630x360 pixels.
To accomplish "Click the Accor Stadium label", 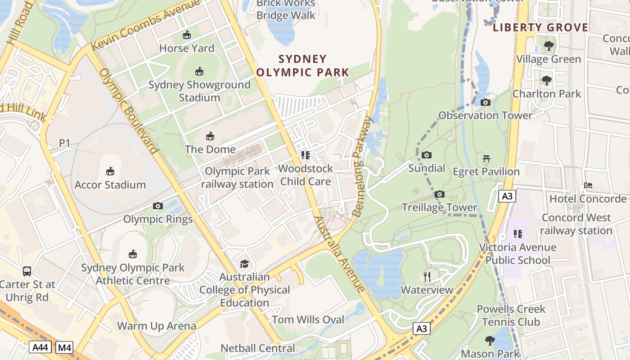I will (110, 184).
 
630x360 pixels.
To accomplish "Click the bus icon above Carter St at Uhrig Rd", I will (27, 271).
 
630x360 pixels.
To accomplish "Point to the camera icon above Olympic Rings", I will (158, 206).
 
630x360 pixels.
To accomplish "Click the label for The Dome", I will (210, 149).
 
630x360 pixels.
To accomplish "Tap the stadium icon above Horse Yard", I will (187, 35).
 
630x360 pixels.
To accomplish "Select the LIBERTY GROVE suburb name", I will (540, 28).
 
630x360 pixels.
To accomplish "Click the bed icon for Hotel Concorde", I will (588, 185).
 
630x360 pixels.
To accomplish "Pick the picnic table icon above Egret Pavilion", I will (486, 158).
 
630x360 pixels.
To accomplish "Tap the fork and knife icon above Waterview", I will (427, 276).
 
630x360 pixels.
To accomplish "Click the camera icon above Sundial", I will (427, 155).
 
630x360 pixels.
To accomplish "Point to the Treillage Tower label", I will (439, 207).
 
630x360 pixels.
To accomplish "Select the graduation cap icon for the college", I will (244, 264).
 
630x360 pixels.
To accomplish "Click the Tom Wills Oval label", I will (308, 319).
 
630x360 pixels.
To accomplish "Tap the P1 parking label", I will (65, 143).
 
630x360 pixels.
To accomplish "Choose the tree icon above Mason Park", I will (490, 341).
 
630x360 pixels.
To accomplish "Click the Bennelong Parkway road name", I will (363, 166).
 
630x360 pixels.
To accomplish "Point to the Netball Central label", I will (258, 348).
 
